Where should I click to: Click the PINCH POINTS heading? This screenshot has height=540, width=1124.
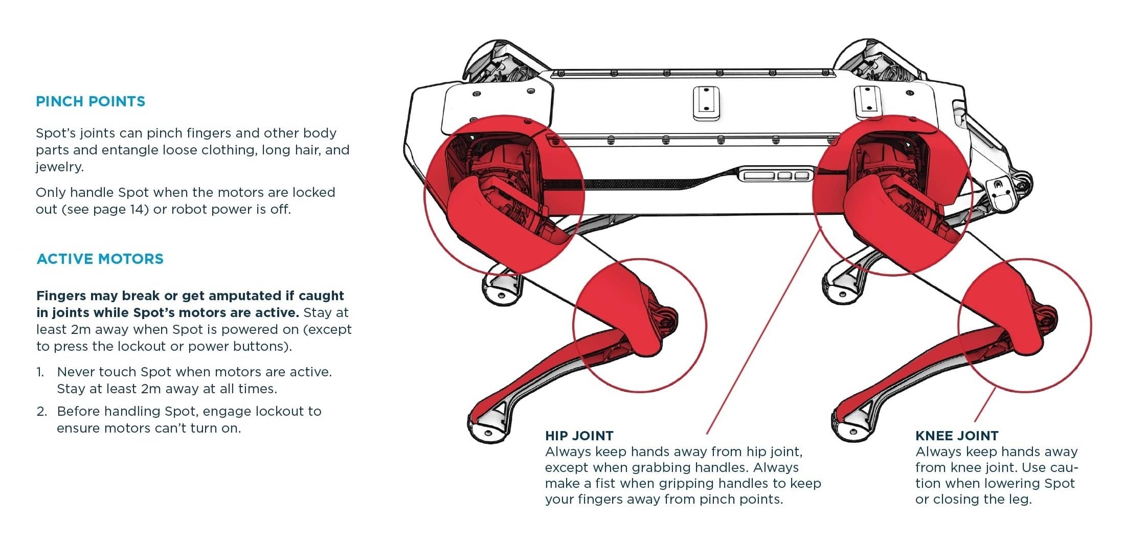[x=91, y=101]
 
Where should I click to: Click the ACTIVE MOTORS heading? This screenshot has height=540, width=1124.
[x=100, y=259]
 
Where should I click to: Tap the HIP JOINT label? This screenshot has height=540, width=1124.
[x=579, y=436]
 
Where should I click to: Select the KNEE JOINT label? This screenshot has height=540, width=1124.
[x=957, y=436]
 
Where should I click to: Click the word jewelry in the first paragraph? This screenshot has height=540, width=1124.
[x=59, y=167]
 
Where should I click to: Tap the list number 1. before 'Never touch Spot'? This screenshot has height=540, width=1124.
[x=40, y=372]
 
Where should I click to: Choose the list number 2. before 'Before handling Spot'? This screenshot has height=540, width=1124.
[x=41, y=411]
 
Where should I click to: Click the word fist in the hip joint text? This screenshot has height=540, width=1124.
[x=605, y=483]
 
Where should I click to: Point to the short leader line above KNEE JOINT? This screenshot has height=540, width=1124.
[x=985, y=404]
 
